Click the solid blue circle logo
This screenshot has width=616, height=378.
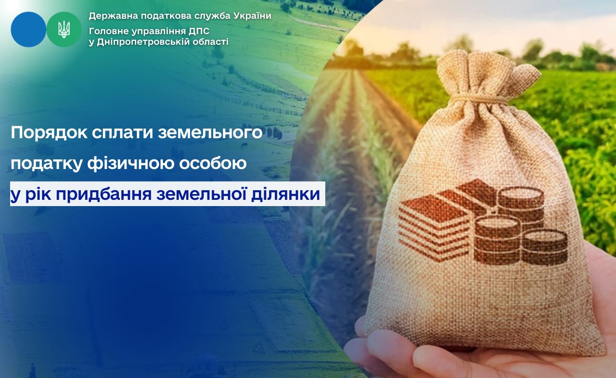[x=28, y=29]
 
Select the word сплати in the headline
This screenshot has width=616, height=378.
[x=122, y=133]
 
